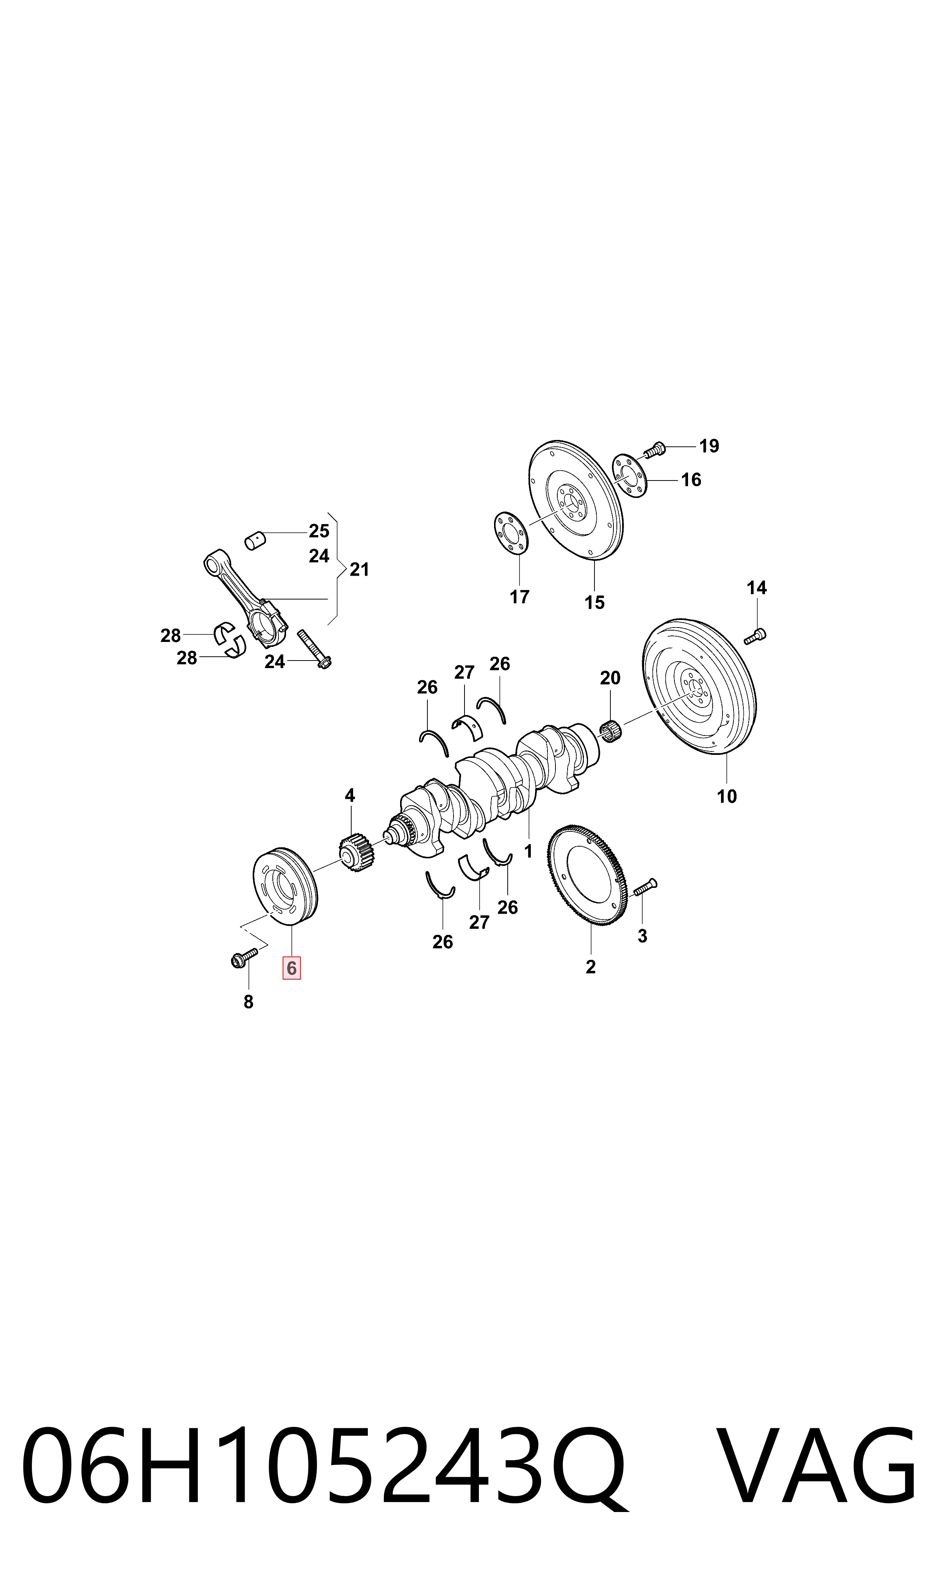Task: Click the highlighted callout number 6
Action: [x=291, y=969]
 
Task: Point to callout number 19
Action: [x=709, y=446]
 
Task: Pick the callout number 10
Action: [x=727, y=796]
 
